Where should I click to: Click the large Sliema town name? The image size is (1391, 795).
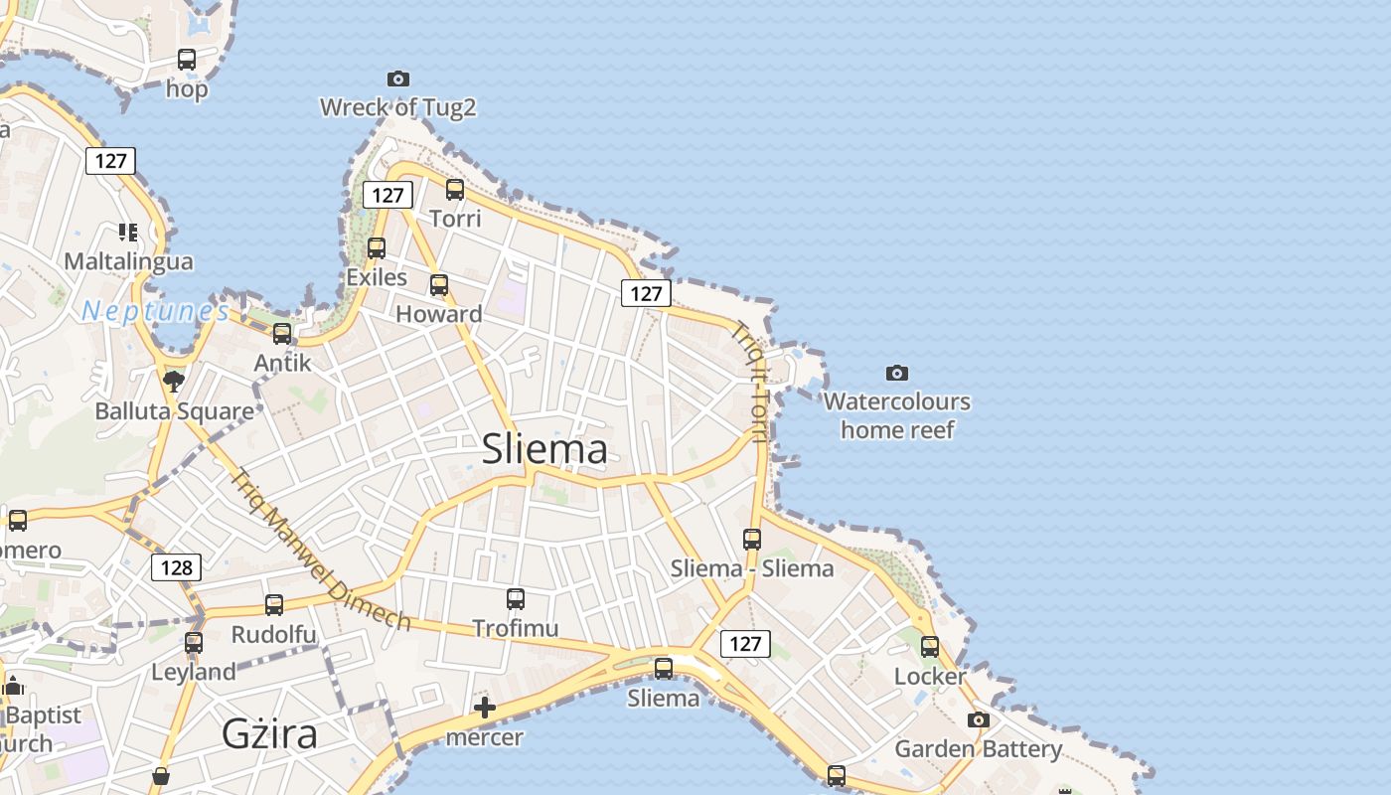(544, 449)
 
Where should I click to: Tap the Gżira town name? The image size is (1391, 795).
(269, 733)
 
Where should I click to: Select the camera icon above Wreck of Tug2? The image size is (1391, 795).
(397, 79)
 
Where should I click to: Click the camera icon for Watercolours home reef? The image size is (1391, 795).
(896, 373)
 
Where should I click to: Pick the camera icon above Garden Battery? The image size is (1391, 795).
(979, 719)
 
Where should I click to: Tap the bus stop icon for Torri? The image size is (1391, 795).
(455, 190)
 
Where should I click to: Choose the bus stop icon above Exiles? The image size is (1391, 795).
(377, 248)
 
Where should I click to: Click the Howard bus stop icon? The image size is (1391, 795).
(439, 285)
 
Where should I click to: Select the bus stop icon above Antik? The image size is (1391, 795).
(282, 334)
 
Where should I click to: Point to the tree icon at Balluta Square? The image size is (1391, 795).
(174, 381)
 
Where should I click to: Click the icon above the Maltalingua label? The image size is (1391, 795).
(128, 233)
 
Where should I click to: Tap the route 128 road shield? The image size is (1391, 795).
(176, 567)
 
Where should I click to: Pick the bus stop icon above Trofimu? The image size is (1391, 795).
(515, 598)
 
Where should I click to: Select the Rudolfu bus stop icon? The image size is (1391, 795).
(273, 604)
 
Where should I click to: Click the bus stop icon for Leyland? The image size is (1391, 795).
(194, 642)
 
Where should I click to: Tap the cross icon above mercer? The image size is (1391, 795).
(485, 708)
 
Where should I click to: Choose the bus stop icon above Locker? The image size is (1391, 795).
(929, 647)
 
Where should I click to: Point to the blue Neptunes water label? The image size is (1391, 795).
(155, 311)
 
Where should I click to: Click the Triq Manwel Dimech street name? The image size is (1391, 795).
(320, 550)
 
